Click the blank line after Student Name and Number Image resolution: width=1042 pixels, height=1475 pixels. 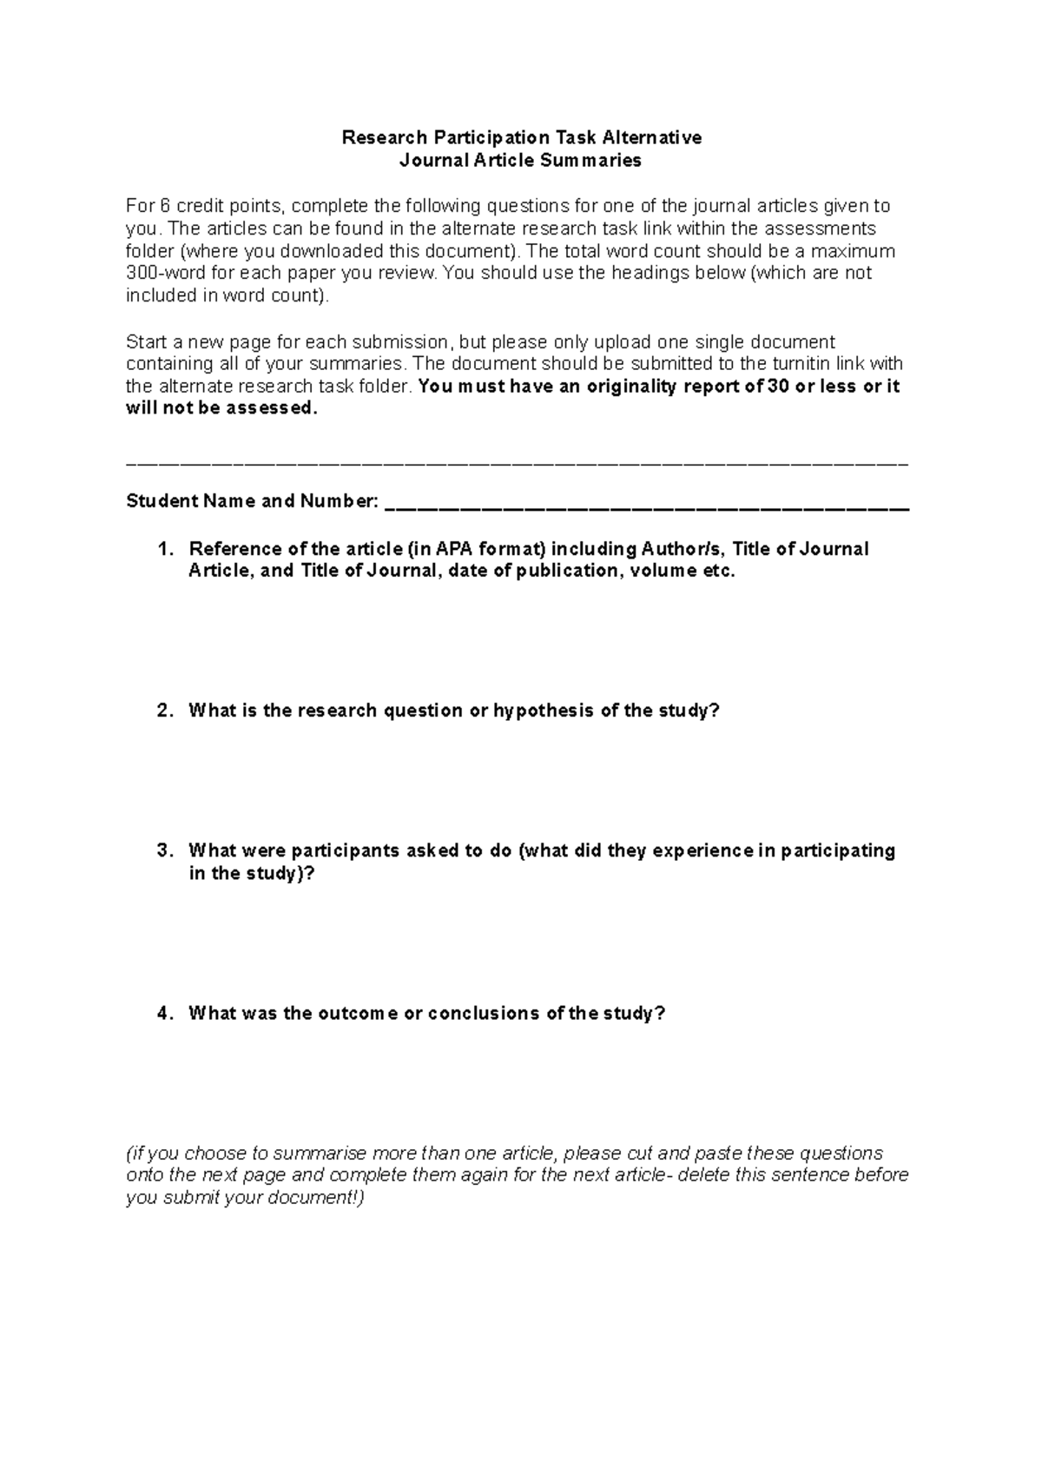coord(646,504)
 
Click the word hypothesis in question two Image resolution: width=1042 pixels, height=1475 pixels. coord(544,711)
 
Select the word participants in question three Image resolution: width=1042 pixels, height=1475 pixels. coord(339,850)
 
